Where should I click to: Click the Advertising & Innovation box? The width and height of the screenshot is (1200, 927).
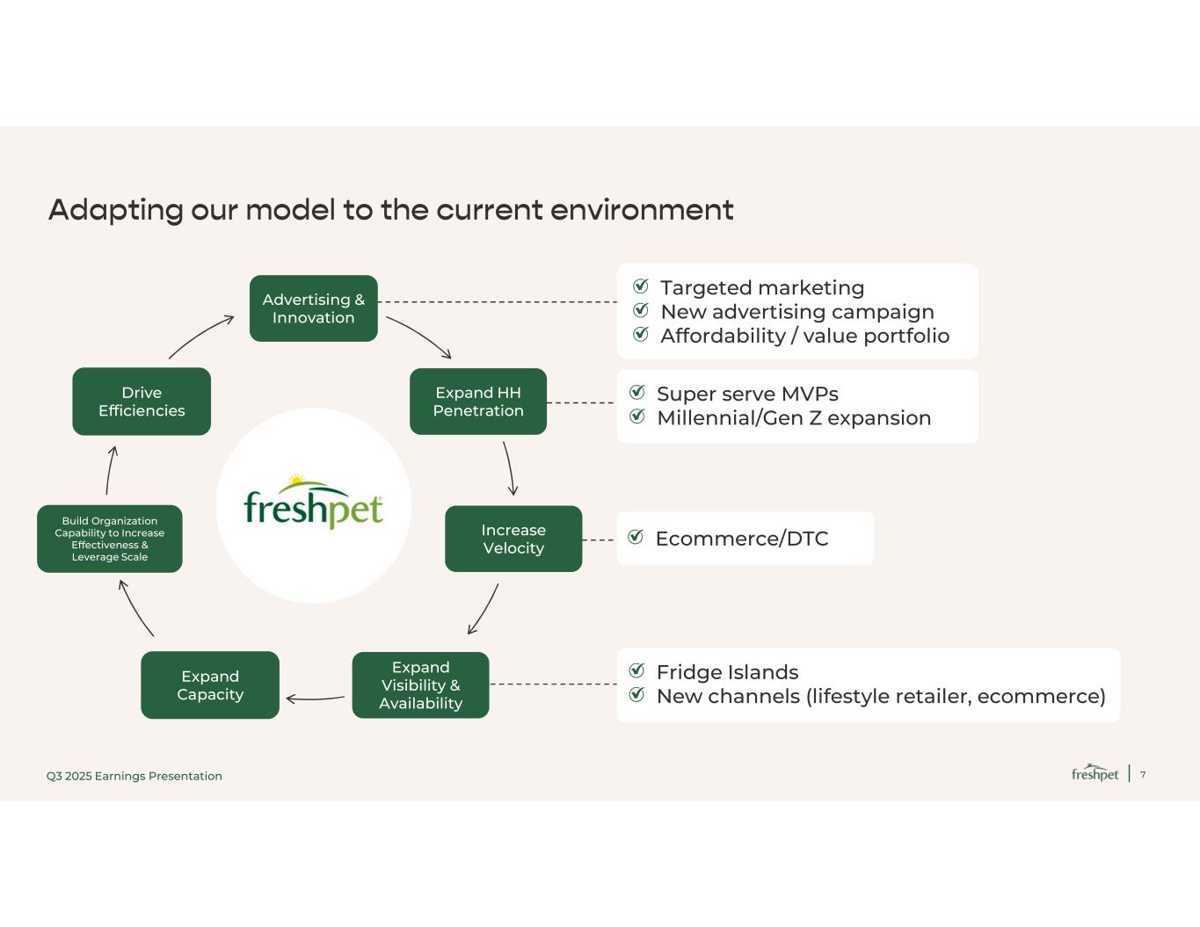(x=313, y=308)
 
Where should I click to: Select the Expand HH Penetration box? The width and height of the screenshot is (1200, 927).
(x=478, y=402)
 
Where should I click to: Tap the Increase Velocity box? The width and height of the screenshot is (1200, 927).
(x=513, y=539)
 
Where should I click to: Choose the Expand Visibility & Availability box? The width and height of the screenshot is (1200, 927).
(x=420, y=684)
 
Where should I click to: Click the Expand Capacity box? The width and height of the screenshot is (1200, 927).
(x=210, y=684)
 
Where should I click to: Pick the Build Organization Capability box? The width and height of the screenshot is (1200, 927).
(x=109, y=539)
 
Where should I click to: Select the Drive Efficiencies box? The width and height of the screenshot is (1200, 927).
(x=142, y=402)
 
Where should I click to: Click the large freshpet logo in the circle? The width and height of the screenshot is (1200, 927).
(x=313, y=501)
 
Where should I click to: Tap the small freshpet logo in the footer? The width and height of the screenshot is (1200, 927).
(x=1095, y=772)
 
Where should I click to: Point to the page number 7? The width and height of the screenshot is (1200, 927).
(x=1143, y=775)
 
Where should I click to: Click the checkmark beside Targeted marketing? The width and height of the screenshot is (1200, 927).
(x=641, y=286)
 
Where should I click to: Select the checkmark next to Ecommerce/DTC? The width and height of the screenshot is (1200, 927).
(x=636, y=536)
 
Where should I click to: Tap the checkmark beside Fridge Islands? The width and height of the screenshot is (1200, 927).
(x=636, y=670)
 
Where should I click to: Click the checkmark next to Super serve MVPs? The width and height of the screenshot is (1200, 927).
(x=636, y=392)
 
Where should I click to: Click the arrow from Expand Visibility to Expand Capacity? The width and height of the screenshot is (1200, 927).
(x=315, y=699)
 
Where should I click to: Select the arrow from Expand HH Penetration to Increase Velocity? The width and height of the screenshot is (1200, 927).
(x=510, y=468)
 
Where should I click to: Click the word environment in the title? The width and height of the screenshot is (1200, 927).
(x=642, y=210)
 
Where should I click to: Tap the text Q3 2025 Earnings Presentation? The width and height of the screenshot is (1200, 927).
(x=135, y=776)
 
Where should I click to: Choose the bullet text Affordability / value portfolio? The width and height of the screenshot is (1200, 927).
(x=804, y=336)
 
